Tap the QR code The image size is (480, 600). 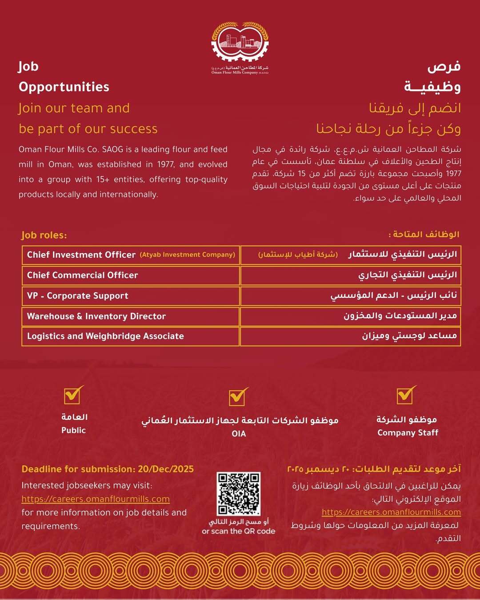pyautogui.click(x=239, y=494)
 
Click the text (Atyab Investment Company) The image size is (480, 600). pyautogui.click(x=187, y=255)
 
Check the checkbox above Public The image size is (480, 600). pyautogui.click(x=73, y=395)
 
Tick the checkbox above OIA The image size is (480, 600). pyautogui.click(x=238, y=397)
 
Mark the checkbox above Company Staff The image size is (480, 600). pyautogui.click(x=405, y=395)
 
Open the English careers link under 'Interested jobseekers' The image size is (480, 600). pyautogui.click(x=96, y=499)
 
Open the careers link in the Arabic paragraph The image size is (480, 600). pyautogui.click(x=391, y=512)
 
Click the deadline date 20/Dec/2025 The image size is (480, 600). pyautogui.click(x=166, y=469)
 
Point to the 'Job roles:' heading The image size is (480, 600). pyautogui.click(x=44, y=235)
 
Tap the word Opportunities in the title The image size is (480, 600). pyautogui.click(x=64, y=87)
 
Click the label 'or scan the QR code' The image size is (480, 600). pyautogui.click(x=239, y=531)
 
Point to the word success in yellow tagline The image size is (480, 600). pyautogui.click(x=134, y=129)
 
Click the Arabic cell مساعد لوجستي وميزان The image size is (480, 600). pyautogui.click(x=409, y=336)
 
